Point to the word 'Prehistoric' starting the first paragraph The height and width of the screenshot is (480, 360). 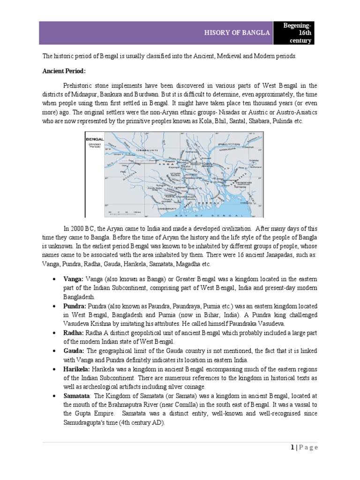(79, 86)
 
